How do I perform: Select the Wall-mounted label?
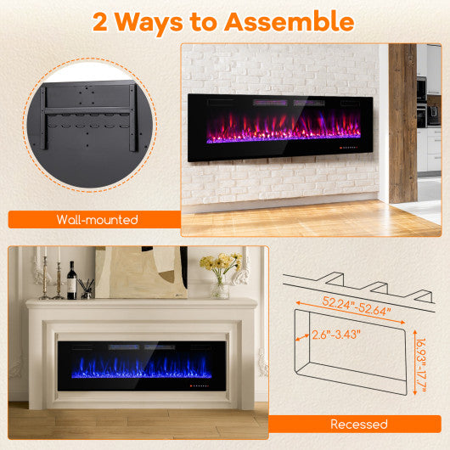[x=98, y=220]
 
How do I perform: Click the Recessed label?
[x=359, y=424]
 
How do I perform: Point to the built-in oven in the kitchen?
[x=422, y=89]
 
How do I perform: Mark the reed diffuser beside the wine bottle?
[x=87, y=288]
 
